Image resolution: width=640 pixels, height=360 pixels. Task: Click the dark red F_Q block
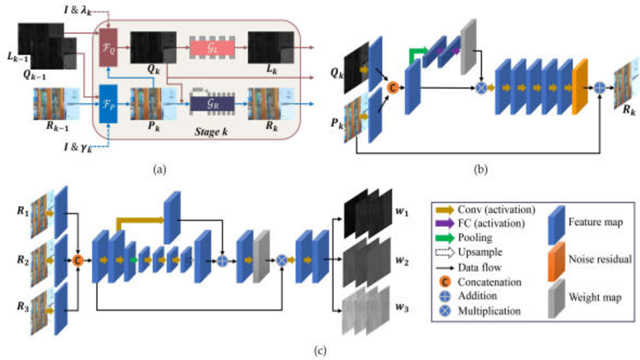point(108,47)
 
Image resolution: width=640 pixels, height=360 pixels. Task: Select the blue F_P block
point(108,104)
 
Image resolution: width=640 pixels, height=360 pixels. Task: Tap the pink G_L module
point(212,48)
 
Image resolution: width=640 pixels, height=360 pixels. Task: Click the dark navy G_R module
point(212,104)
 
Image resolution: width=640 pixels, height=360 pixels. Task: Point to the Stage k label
point(211,132)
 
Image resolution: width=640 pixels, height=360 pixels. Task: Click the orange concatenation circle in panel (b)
point(393,88)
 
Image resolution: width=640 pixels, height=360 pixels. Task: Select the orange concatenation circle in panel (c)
point(78,260)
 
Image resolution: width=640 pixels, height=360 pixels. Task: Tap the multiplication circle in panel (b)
point(481,88)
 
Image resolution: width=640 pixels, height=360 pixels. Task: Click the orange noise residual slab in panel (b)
point(580,87)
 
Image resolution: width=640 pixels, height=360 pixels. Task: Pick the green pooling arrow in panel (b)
point(418,53)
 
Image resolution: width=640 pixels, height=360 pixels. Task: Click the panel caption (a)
point(159,170)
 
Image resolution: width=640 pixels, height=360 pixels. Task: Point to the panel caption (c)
point(320,351)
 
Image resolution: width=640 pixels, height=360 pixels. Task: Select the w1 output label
point(402,212)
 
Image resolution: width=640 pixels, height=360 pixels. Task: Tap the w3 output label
point(402,307)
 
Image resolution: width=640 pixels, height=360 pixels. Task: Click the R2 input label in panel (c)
point(23,260)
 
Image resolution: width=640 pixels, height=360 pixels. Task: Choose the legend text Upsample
point(480,252)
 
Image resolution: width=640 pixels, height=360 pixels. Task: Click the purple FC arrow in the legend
point(445,223)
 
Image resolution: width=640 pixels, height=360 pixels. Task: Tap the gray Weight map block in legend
point(556,298)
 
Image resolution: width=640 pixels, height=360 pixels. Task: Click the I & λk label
point(78,10)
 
